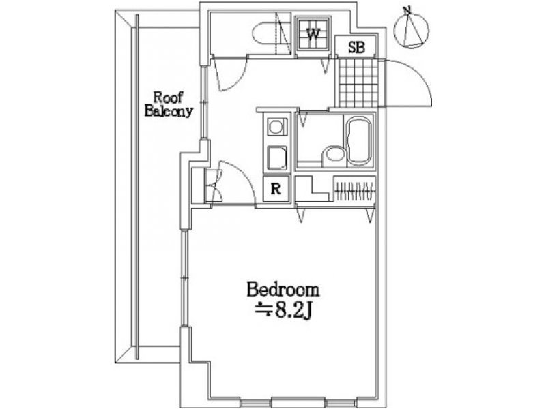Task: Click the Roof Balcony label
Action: coord(169,104)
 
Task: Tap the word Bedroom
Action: coord(283,290)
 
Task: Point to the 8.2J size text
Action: coord(283,311)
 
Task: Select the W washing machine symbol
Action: coord(313,33)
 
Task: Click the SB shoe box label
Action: coord(356,48)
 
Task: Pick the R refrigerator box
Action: coord(276,190)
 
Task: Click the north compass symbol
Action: coord(412,29)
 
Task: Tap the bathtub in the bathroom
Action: coord(359,141)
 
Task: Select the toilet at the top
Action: coord(265,33)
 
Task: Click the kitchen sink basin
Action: coord(277,157)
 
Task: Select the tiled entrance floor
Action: coord(358,82)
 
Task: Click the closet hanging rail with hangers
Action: coord(355,191)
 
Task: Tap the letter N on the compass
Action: coord(406,10)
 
